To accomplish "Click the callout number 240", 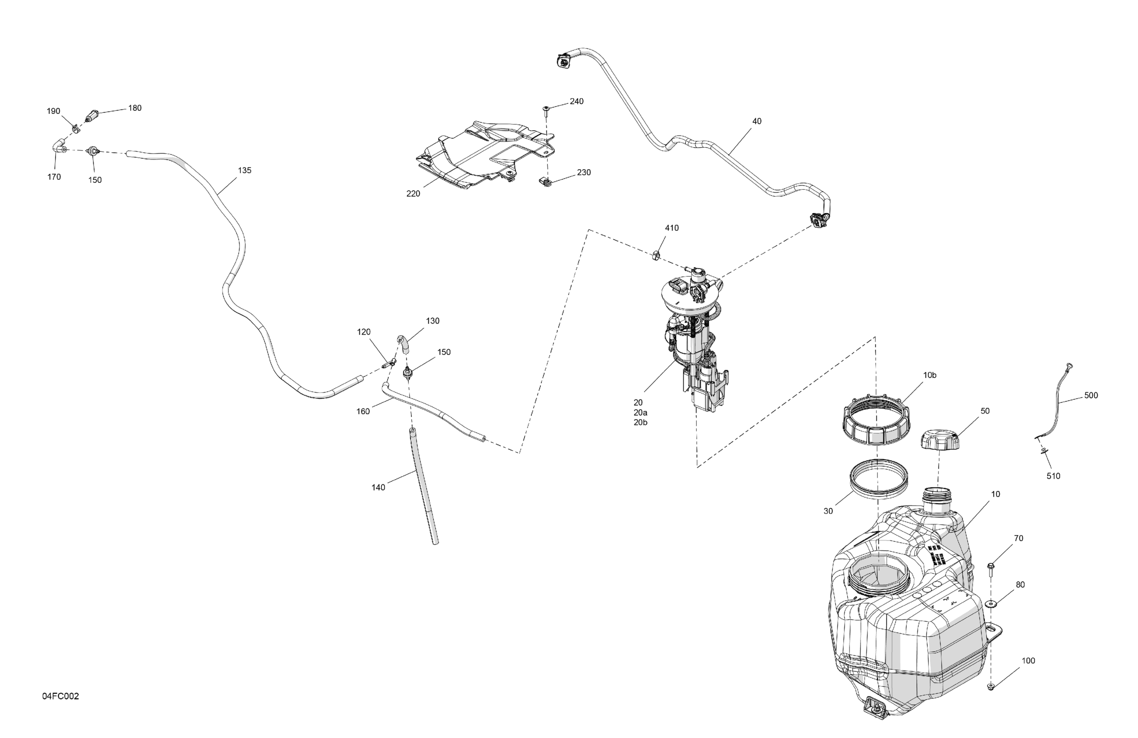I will coord(576,102).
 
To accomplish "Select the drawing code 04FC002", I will coord(60,696).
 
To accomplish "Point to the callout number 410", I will coord(671,228).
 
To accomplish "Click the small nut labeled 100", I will coord(990,700).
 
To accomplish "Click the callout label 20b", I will coord(641,422).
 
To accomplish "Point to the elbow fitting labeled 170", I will coord(58,145).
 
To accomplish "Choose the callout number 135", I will coord(244,170).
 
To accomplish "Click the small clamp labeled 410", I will coord(657,255).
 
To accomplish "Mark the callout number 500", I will coord(1091,395).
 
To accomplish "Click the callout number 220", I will coord(413,194).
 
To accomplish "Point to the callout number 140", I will coord(378,488).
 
